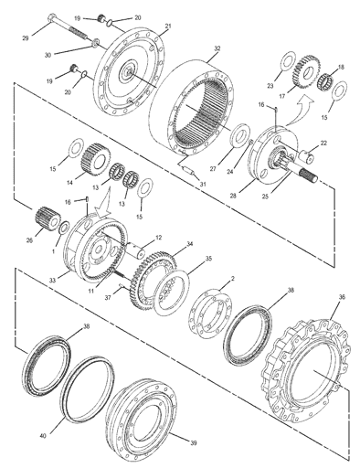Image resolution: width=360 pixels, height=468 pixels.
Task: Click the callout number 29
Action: tap(26, 38)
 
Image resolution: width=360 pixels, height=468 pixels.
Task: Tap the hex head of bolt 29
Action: tap(52, 16)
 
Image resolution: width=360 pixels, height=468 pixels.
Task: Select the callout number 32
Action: tap(217, 48)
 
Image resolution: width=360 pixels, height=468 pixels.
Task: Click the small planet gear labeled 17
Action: tap(306, 72)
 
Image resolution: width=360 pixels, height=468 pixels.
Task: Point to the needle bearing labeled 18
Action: tap(326, 80)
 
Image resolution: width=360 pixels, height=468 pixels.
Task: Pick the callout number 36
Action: tap(342, 297)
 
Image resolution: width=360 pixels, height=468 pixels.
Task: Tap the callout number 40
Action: tap(43, 436)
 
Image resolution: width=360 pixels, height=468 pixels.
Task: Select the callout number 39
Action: tap(194, 443)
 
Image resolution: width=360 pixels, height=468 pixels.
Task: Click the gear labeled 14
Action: tap(96, 159)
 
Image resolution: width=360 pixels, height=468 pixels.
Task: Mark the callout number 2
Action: tap(233, 279)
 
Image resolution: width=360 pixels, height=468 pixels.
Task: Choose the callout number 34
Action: tap(190, 244)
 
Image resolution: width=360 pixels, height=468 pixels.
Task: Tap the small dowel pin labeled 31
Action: tap(189, 171)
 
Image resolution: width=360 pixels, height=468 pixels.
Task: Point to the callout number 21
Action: tap(168, 27)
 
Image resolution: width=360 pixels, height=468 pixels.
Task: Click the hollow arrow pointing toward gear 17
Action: tap(301, 109)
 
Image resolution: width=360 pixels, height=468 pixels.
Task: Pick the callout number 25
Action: tap(265, 197)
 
